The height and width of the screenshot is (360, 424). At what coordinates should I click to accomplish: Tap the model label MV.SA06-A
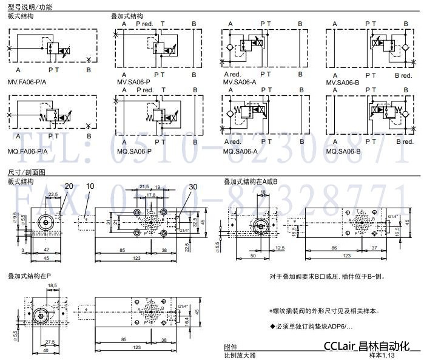click(240, 81)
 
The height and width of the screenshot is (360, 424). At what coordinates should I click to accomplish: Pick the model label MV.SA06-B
click(343, 81)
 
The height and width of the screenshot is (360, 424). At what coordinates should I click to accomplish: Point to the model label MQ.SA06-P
click(133, 151)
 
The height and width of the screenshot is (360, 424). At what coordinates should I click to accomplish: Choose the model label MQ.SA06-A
click(240, 151)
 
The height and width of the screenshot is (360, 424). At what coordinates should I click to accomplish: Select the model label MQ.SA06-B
click(343, 151)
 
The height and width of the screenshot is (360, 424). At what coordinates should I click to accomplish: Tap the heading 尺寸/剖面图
click(27, 172)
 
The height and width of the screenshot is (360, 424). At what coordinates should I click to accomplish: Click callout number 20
click(69, 186)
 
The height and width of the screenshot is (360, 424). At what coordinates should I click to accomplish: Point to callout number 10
click(90, 186)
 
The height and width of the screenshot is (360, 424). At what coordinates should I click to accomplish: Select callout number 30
click(193, 186)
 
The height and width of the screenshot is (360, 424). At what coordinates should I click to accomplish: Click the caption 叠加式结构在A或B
click(251, 181)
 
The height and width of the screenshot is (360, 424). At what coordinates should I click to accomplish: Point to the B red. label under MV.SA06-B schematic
click(403, 74)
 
